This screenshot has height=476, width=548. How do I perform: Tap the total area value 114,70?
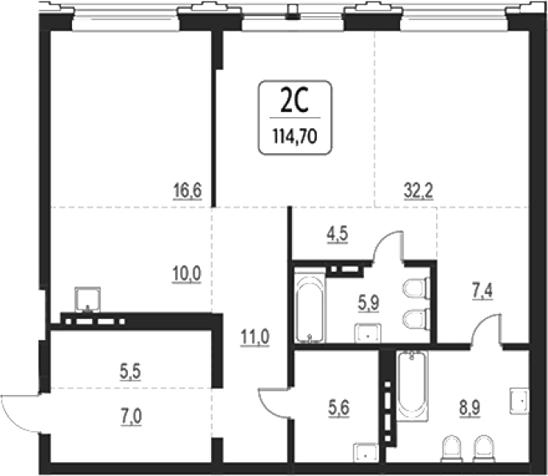pos(295,136)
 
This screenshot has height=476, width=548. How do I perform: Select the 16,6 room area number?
pos(188,191)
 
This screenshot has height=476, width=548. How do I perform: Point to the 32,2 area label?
pos(418,191)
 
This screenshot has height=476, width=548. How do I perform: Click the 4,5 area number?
pos(338,234)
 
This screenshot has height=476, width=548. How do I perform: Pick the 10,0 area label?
pos(186,274)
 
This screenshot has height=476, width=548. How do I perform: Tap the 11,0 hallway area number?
pos(254,337)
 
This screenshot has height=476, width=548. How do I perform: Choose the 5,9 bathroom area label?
pos(368,303)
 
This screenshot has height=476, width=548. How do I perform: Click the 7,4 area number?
pos(482,291)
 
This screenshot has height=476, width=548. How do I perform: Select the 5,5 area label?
pos(130,372)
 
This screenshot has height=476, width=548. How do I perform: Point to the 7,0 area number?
pos(131,417)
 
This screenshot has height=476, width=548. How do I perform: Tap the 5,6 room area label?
pos(339,408)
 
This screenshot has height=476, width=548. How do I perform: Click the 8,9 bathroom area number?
pos(470,408)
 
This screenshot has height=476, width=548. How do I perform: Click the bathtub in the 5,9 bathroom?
pos(310,305)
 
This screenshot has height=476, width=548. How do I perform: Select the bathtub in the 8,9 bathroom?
pos(412,385)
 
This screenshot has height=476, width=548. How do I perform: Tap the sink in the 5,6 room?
pos(366,453)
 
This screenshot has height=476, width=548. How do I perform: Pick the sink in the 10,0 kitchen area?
pos(88,300)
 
